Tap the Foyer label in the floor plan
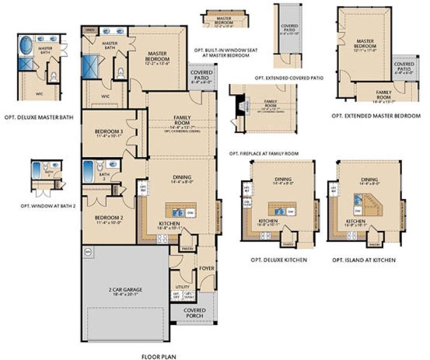tap(206, 269)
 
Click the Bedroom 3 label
tap(109, 133)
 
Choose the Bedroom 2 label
tap(109, 218)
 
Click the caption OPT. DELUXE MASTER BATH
tap(38, 118)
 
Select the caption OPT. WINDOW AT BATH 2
tap(48, 206)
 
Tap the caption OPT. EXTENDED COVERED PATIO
tap(289, 78)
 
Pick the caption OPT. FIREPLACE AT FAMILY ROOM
tap(263, 154)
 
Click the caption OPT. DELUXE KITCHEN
tap(279, 260)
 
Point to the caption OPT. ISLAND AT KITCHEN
tap(364, 260)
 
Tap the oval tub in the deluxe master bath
tap(26, 46)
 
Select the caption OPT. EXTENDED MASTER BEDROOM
tap(376, 115)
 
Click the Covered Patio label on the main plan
tap(200, 76)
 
